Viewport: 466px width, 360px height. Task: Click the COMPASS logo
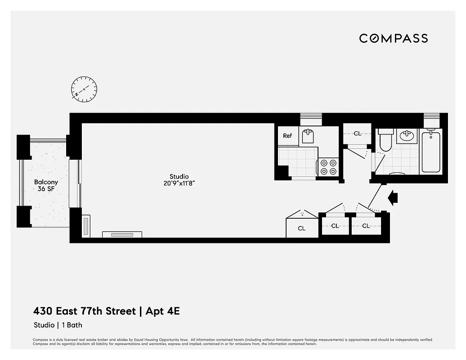(393, 38)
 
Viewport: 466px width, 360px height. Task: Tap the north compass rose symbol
(84, 89)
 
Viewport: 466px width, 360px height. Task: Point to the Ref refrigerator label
(287, 136)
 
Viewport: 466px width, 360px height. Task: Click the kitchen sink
(308, 135)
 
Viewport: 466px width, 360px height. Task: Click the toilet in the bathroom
(385, 141)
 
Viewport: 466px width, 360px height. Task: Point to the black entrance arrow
(393, 197)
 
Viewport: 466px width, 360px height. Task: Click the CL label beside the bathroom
(357, 134)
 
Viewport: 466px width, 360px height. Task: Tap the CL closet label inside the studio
(301, 229)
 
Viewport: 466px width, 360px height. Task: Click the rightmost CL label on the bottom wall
(366, 226)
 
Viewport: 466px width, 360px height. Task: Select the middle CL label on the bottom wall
(335, 226)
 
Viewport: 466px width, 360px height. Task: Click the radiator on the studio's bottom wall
(122, 234)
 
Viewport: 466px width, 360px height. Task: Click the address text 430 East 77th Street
(84, 311)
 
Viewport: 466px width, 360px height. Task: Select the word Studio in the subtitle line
(43, 325)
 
